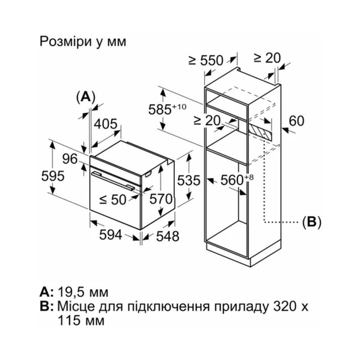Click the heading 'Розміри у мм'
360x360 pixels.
point(83,42)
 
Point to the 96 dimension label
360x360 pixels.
point(69,158)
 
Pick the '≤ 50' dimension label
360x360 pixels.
point(114,200)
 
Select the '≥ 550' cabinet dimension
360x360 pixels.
point(207,61)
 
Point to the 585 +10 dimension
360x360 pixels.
point(169,109)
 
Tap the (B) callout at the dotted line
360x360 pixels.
point(311,222)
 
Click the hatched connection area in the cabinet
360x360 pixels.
point(261,129)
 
